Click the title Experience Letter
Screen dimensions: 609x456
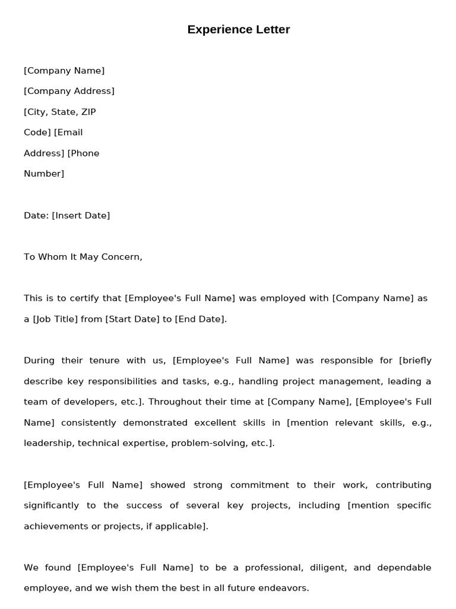click(x=239, y=30)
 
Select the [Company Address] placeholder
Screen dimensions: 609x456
click(x=69, y=91)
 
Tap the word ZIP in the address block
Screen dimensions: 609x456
click(x=88, y=112)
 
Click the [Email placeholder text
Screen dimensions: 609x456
click(x=68, y=132)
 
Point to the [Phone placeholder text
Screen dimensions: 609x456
click(x=83, y=153)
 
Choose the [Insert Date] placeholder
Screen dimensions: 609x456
click(x=81, y=215)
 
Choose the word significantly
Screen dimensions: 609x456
click(x=51, y=506)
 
